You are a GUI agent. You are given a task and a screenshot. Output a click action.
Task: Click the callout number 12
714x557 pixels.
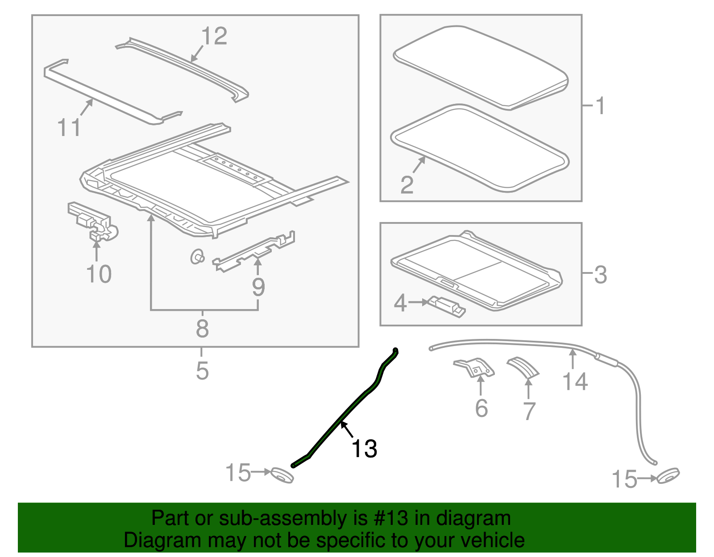(x=214, y=36)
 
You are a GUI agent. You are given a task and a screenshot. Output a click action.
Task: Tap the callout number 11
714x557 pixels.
(x=69, y=127)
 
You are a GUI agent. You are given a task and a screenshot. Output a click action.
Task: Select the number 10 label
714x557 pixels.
(x=99, y=274)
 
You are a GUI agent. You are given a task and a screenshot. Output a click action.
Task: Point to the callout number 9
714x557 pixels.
(x=258, y=287)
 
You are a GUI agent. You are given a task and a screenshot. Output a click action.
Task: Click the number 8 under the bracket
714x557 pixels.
(x=202, y=328)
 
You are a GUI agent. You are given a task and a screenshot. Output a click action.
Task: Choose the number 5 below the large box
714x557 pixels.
(x=202, y=370)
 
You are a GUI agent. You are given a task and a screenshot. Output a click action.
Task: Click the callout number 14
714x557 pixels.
(x=575, y=381)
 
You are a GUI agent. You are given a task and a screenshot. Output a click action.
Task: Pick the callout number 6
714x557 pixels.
(x=482, y=408)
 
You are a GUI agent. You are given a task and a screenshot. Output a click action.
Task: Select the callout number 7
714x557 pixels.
(x=529, y=411)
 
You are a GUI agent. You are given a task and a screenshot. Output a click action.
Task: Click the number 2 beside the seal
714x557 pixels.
(x=407, y=185)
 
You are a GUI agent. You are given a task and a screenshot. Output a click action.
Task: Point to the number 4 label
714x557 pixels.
(x=400, y=303)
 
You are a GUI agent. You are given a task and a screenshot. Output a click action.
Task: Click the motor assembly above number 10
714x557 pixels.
(x=93, y=221)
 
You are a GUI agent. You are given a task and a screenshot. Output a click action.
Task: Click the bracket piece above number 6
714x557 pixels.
(x=474, y=367)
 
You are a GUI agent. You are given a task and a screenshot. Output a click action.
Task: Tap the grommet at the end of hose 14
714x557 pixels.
(x=668, y=476)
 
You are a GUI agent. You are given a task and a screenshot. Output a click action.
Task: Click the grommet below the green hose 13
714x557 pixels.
(x=282, y=475)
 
